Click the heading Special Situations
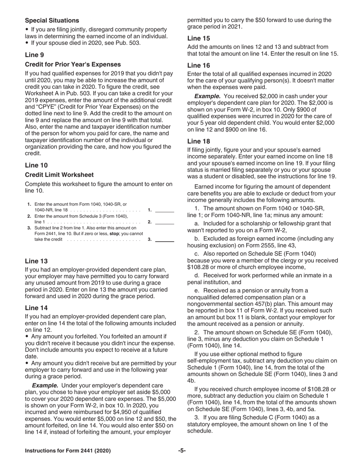coord(52,20)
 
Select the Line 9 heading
coord(34,55)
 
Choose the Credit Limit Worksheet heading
coord(59,175)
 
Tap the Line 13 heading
coord(36,261)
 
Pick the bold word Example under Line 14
coord(45,385)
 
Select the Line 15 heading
coord(198,38)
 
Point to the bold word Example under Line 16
coord(207,96)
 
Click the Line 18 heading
coord(198,141)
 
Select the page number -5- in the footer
coord(182,451)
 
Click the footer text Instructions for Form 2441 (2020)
coord(68,451)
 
